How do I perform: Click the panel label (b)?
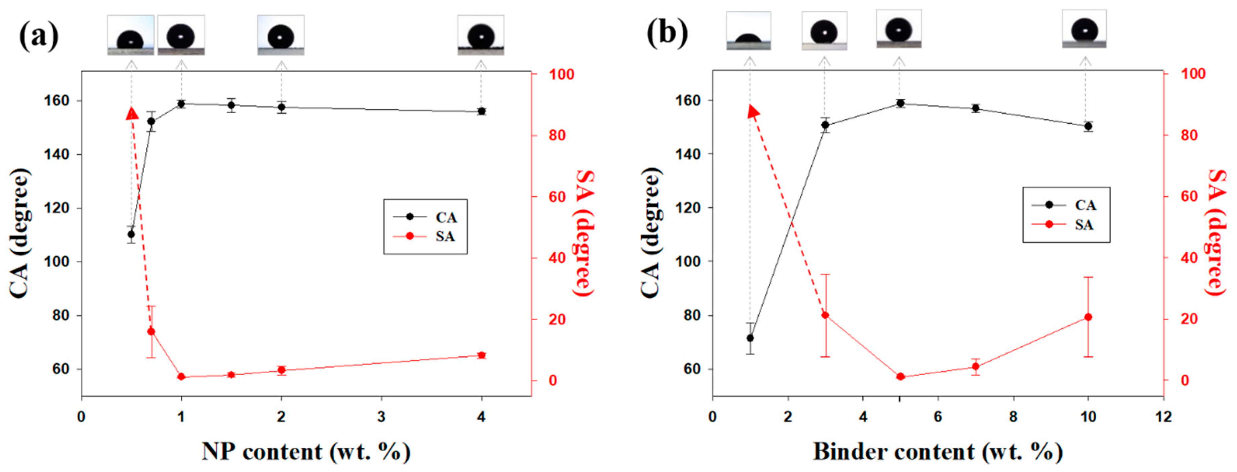pyautogui.click(x=667, y=34)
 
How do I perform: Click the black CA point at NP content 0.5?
pyautogui.click(x=131, y=234)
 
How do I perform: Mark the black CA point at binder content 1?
pyautogui.click(x=750, y=338)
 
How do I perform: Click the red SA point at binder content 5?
pyautogui.click(x=900, y=377)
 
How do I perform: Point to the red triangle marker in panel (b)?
pyautogui.click(x=753, y=112)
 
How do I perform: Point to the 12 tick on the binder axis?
pyautogui.click(x=1163, y=416)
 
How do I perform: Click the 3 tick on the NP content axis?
pyautogui.click(x=381, y=416)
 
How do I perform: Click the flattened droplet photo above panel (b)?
pyautogui.click(x=748, y=31)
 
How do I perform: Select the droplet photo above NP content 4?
pyautogui.click(x=481, y=35)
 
